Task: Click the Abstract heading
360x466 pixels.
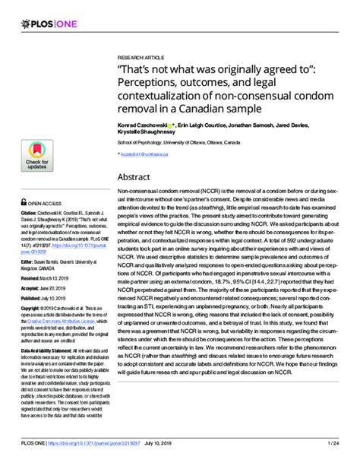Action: [137, 176]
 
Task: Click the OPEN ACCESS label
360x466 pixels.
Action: [46, 204]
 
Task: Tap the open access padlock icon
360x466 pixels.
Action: [24, 203]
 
